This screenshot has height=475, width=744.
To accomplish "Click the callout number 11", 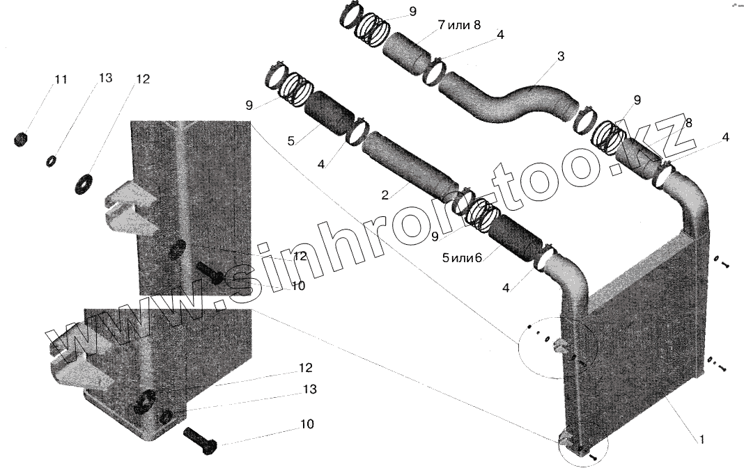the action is tap(61, 80).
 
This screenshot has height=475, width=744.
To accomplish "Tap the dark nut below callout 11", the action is tap(20, 140).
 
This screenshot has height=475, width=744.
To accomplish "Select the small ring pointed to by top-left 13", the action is tap(51, 161).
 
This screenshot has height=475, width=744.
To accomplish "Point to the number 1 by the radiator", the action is tap(702, 440).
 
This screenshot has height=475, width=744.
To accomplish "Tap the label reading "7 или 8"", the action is tap(459, 25).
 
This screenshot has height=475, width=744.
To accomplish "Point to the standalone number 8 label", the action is tap(688, 123).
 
